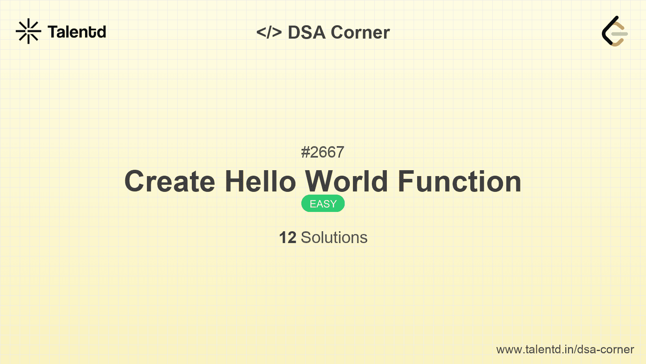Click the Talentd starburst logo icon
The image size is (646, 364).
28,31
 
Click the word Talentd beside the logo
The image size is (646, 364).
77,32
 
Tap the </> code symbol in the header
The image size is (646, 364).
269,32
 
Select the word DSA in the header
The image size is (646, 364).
307,32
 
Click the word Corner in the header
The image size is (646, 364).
360,32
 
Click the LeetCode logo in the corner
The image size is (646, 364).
614,31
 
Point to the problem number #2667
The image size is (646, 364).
323,152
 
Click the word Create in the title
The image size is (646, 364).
170,182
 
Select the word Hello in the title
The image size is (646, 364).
260,182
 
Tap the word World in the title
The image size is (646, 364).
347,182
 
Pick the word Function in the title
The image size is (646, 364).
460,182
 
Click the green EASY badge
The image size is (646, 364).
323,204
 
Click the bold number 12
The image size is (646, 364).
288,238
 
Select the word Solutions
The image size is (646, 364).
334,238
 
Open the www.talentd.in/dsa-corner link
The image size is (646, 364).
565,349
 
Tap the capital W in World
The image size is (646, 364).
320,182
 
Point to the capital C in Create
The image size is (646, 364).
135,182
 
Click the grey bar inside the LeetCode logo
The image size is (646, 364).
620,34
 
